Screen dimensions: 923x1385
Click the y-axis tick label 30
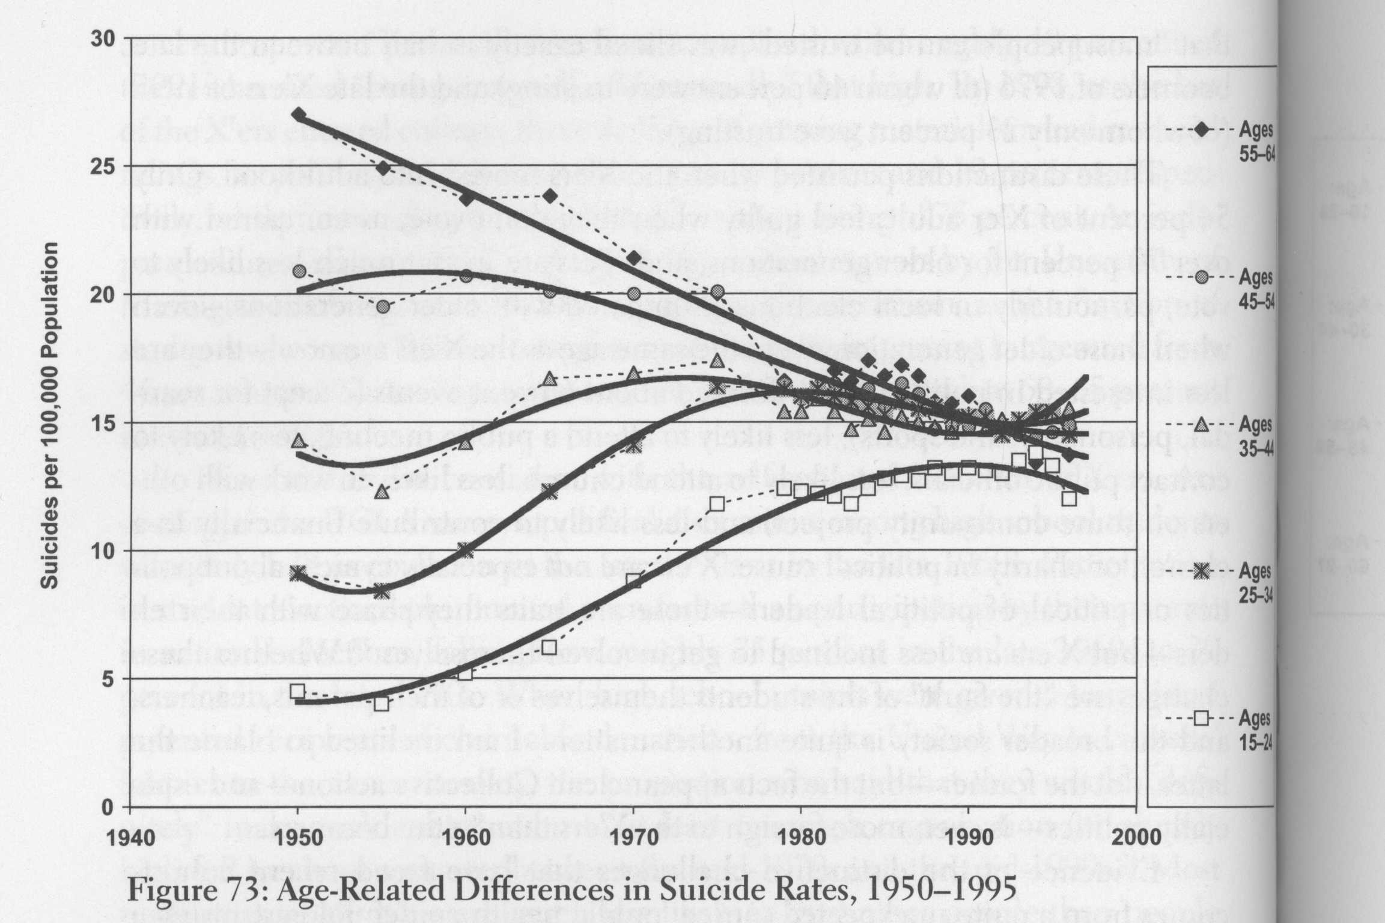tap(102, 38)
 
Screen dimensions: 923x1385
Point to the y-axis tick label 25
tap(102, 166)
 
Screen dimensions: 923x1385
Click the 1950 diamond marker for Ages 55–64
tap(299, 115)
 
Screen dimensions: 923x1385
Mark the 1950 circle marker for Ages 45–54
tap(299, 271)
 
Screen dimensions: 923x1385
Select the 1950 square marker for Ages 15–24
tap(297, 691)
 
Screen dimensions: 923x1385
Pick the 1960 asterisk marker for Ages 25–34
tap(466, 550)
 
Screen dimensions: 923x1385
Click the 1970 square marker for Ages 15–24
tap(633, 581)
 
